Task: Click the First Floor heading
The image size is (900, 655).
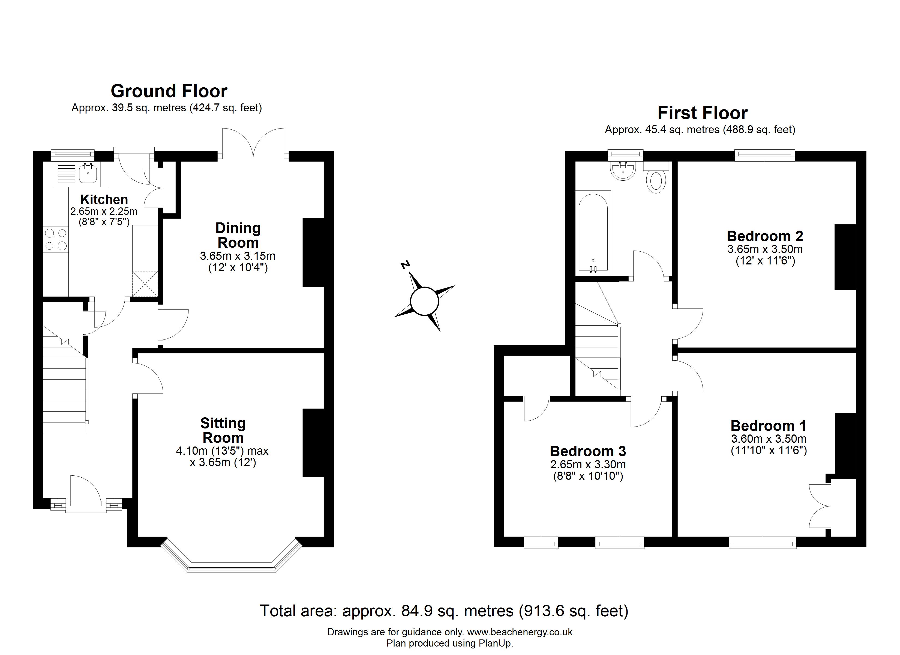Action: (x=702, y=113)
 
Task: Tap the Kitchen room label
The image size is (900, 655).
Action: (x=104, y=200)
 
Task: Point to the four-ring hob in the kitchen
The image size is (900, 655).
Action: (x=56, y=240)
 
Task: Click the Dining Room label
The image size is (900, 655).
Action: (x=238, y=235)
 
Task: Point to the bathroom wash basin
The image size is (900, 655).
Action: (x=623, y=171)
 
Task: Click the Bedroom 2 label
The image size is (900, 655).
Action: (x=765, y=236)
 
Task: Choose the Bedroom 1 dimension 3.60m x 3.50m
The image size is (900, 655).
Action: (x=769, y=439)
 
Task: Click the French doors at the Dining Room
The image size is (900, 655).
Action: (x=253, y=143)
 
